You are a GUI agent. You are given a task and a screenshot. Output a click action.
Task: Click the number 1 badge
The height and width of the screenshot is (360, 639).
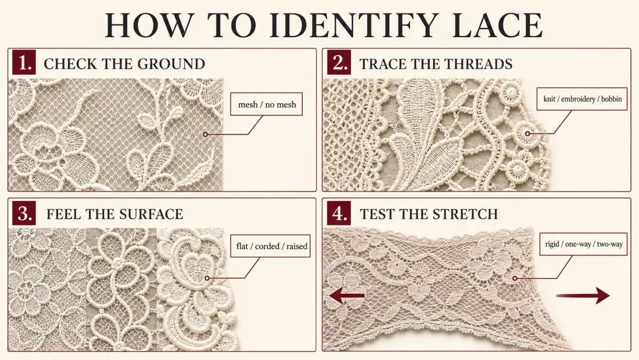(24, 62)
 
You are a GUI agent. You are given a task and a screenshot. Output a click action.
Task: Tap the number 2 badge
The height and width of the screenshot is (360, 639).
(339, 62)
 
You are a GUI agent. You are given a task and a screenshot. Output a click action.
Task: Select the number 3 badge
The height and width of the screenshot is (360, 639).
(24, 213)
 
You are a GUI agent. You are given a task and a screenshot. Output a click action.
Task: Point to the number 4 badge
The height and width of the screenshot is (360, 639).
(339, 213)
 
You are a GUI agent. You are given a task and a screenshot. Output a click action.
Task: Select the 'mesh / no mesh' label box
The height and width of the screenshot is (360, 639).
(267, 105)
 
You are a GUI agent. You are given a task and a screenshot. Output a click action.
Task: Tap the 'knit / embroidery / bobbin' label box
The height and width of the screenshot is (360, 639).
(582, 99)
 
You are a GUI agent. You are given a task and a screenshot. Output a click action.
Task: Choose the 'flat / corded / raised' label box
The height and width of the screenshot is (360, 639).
(271, 246)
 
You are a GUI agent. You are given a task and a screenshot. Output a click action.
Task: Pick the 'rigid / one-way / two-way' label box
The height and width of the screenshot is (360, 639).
(583, 244)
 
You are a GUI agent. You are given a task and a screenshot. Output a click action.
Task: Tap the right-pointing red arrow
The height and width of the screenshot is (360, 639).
(583, 295)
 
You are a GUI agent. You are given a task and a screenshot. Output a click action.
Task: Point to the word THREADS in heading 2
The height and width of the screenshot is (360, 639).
(478, 64)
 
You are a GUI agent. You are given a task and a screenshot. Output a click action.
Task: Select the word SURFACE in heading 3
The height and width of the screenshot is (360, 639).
(148, 214)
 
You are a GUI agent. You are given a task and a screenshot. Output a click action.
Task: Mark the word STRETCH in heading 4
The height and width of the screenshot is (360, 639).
(463, 214)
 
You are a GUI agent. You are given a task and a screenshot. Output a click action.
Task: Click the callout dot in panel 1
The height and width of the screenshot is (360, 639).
(206, 134)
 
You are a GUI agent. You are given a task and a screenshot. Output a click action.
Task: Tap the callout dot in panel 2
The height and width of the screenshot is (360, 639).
(527, 134)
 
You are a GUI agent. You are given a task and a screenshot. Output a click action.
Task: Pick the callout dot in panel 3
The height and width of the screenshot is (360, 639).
(207, 278)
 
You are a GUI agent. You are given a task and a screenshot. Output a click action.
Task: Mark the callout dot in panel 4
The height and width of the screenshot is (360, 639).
(515, 278)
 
